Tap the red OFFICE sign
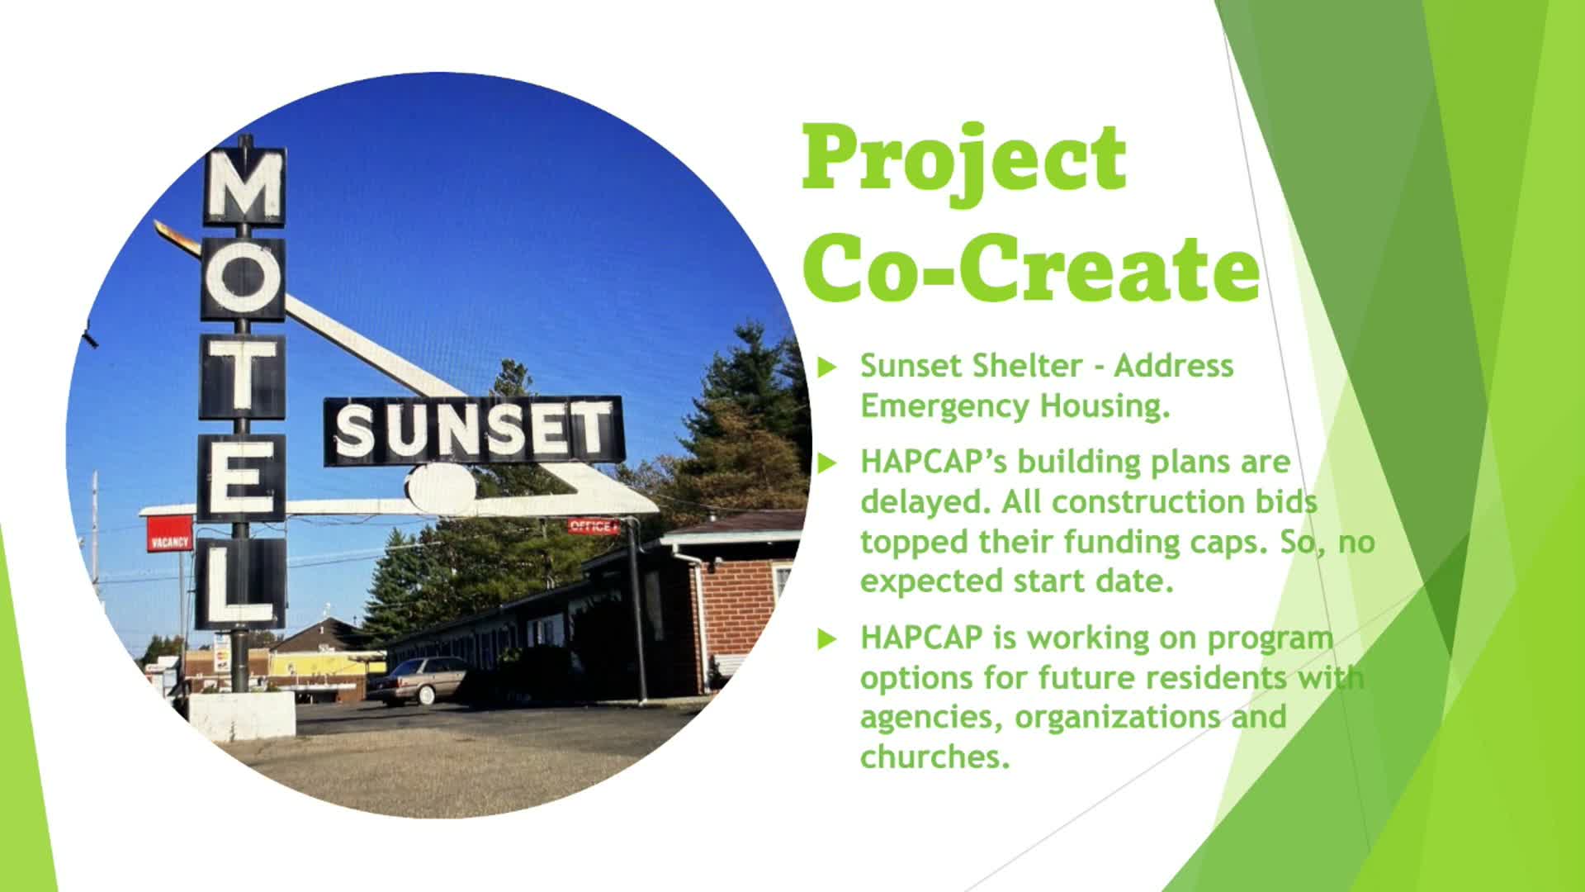pos(592,527)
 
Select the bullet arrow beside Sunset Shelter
pos(827,368)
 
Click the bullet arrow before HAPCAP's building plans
pos(827,463)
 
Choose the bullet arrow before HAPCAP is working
pos(827,639)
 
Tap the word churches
pos(934,756)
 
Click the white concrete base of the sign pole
pos(242,714)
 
